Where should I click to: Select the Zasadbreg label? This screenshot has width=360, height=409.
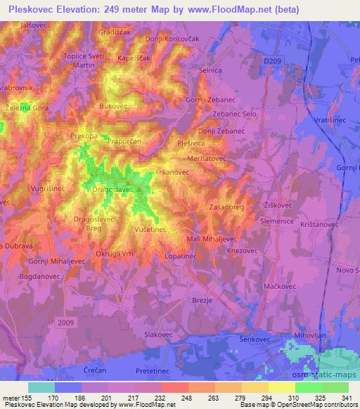226,207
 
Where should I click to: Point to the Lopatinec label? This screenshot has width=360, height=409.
181,258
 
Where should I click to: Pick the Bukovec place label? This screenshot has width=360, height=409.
114,106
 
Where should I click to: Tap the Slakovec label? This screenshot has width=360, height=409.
158,335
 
